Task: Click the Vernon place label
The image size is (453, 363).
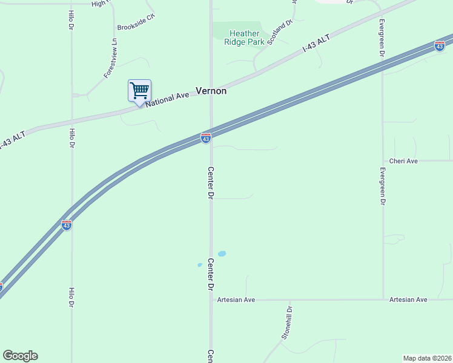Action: point(211,91)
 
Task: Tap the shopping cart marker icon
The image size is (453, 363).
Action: point(139,91)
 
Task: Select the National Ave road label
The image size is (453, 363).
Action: point(168,98)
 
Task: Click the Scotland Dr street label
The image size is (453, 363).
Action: point(280,31)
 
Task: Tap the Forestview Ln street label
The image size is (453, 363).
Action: point(110,58)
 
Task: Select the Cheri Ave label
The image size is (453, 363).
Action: point(404,161)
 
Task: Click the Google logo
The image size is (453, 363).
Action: point(20,356)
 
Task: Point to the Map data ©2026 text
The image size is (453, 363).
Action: point(428,358)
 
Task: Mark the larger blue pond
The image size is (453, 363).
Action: point(222,253)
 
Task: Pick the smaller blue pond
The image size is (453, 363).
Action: point(199,265)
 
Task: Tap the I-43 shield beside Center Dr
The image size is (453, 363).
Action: point(206,139)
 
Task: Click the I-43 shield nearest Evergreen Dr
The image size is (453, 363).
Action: point(440,46)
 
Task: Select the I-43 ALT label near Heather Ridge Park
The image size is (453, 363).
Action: point(316,45)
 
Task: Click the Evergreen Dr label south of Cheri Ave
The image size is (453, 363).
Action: point(382,185)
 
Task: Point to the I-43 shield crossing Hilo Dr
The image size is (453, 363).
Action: point(67,225)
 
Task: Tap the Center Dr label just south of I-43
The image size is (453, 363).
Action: point(210,182)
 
